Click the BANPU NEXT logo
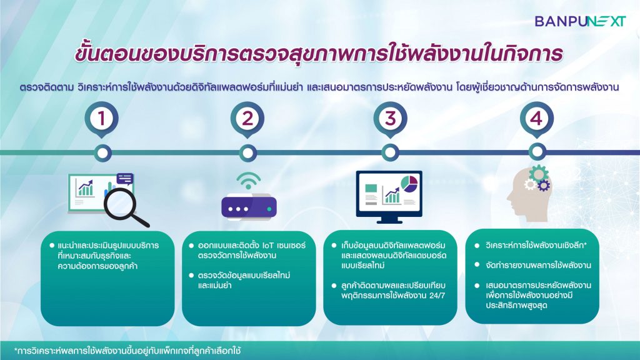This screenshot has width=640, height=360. click(580, 21)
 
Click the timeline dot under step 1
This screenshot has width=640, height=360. click(102, 153)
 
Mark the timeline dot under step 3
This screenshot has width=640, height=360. click(390, 152)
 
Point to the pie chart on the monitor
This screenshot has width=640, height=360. click(409, 183)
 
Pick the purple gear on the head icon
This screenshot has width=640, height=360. click(544, 186)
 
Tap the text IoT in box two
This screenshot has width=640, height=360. click(268, 245)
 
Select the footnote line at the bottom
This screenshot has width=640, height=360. click(127, 351)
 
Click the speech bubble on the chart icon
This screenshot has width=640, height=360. click(125, 179)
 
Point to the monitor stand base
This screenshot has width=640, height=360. click(389, 221)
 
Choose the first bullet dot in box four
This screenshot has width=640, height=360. click(477, 245)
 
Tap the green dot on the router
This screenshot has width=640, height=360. click(269, 209)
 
